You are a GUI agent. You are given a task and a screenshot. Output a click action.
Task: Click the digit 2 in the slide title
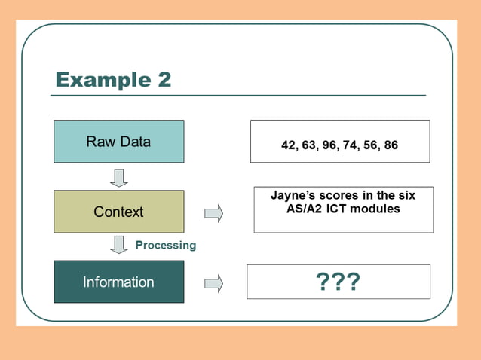[163, 79]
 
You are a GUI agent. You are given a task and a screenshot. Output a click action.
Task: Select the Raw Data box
[118, 142]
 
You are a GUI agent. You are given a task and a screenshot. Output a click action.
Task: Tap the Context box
[118, 212]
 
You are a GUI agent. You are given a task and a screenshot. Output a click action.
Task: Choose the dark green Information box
[118, 282]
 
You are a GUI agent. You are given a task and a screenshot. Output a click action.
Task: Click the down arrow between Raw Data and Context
[119, 177]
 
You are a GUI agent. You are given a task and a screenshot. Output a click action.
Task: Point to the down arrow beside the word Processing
[119, 245]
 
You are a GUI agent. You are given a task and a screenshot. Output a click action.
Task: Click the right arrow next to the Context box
[214, 214]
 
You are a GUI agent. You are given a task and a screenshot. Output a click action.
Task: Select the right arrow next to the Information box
[214, 283]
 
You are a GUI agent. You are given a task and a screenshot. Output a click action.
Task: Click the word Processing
[165, 245]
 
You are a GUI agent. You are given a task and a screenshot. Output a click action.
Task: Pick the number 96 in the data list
[329, 145]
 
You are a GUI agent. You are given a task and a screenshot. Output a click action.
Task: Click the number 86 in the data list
[391, 145]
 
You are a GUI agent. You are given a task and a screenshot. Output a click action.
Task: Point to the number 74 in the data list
[350, 145]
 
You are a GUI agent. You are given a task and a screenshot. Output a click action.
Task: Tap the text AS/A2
[311, 208]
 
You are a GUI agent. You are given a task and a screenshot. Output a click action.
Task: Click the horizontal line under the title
[238, 96]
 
